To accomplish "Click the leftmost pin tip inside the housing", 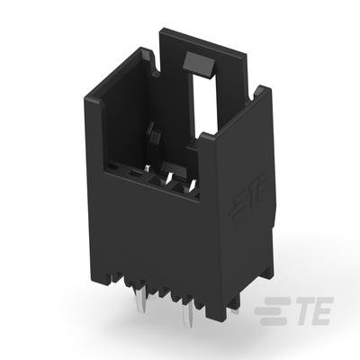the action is click(147, 169).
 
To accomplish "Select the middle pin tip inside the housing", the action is click(169, 177).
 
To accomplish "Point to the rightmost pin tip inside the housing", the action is click(193, 184).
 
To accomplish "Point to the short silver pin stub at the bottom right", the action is click(236, 312).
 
